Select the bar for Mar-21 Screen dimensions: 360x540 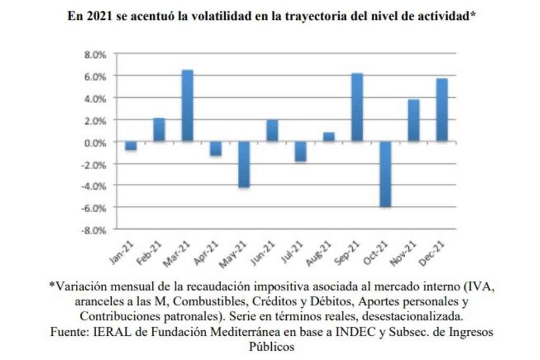tap(187, 106)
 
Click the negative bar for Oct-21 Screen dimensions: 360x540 tap(385, 174)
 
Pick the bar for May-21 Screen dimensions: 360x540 tap(244, 164)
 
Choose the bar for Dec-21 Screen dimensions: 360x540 tap(441, 110)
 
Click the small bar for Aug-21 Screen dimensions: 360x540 tap(328, 137)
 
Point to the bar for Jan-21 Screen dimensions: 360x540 tap(130, 146)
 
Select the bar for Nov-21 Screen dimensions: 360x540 tap(413, 120)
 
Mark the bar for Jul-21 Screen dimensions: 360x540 tap(300, 151)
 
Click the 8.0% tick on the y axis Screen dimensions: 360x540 tap(96, 55)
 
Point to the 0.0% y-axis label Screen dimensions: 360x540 tap(96, 142)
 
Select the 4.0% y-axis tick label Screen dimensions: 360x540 tap(96, 99)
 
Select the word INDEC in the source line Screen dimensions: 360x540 tap(337, 332)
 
